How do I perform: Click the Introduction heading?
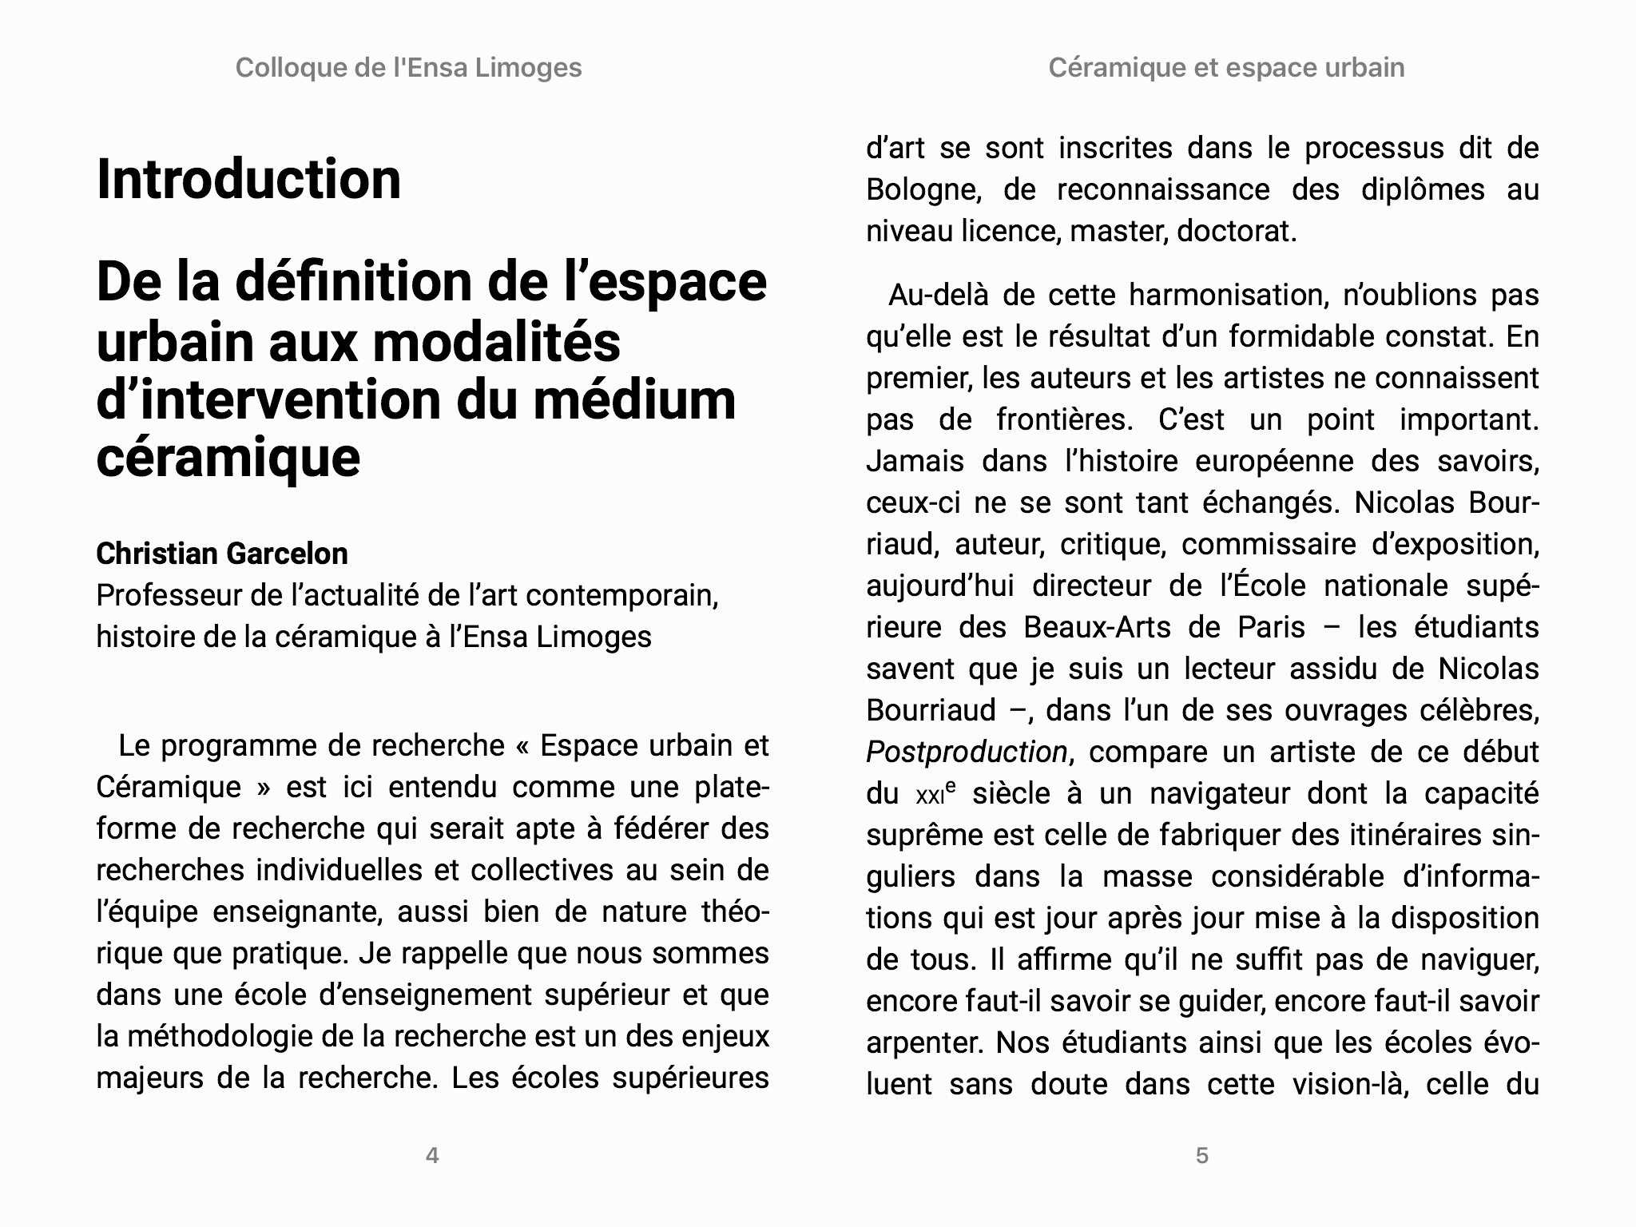point(248,179)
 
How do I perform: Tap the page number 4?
point(432,1155)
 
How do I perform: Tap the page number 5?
point(1202,1155)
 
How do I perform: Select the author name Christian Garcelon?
point(222,554)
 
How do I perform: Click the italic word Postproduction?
point(967,752)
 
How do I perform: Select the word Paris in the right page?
point(1272,627)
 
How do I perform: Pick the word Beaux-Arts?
point(1097,627)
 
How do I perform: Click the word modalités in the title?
point(496,342)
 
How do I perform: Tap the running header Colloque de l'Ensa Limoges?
point(408,68)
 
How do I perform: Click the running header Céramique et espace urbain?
point(1226,68)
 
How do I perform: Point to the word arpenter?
point(923,1043)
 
